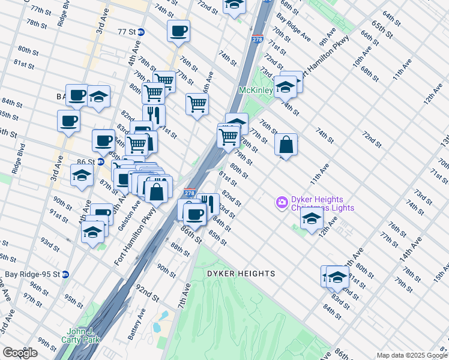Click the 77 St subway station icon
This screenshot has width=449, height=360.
(x=140, y=32)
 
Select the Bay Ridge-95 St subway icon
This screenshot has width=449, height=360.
(x=65, y=274)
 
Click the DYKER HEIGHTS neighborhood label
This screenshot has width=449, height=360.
(x=241, y=274)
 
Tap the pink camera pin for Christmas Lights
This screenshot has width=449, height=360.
(x=282, y=203)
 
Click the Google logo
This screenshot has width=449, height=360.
(x=20, y=353)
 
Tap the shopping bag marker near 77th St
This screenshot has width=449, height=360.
(x=286, y=145)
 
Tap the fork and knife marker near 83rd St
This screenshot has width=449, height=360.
(x=208, y=203)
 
